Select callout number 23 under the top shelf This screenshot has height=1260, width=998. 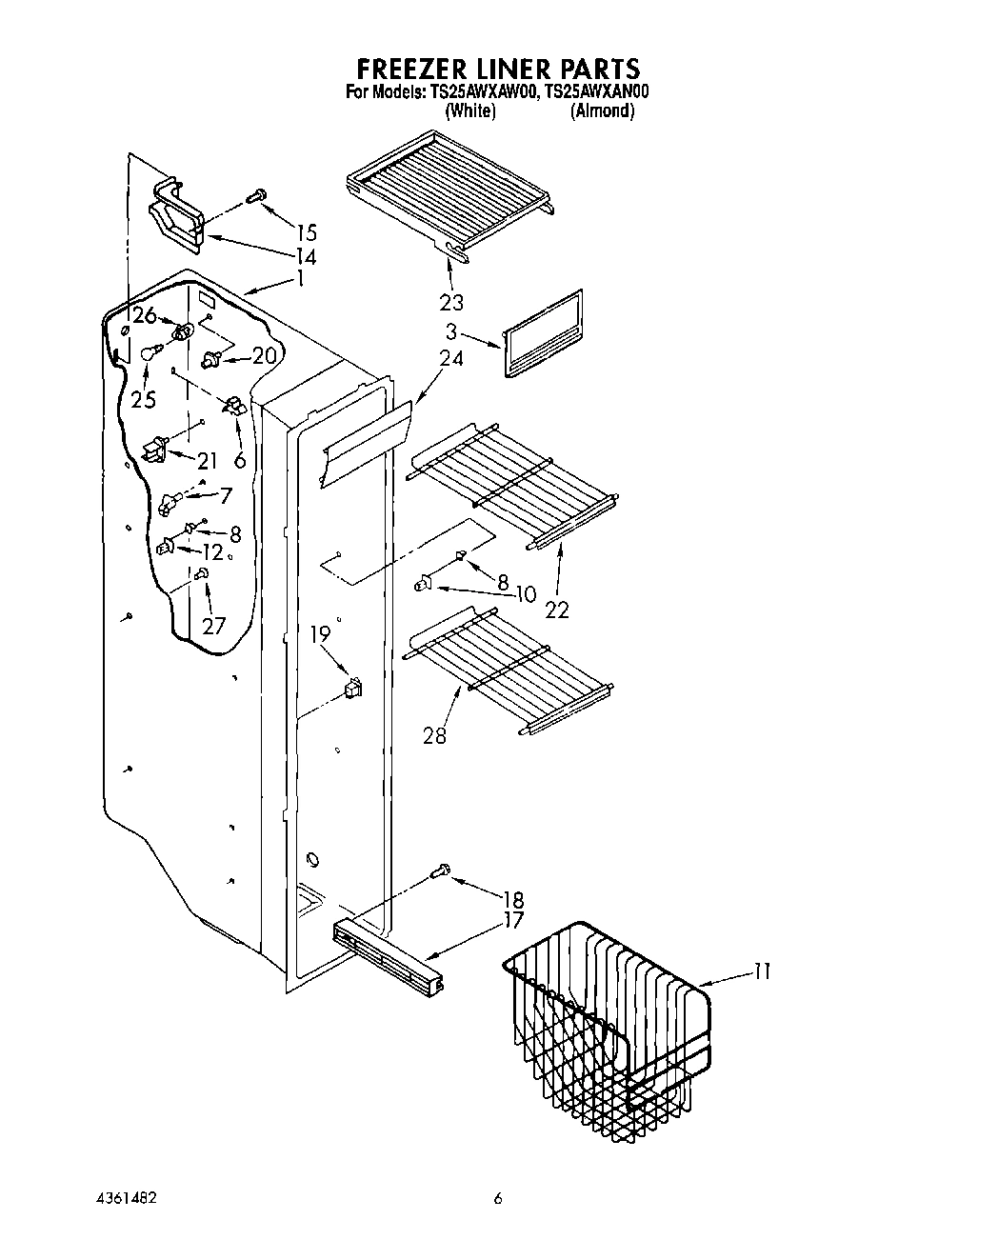point(451,302)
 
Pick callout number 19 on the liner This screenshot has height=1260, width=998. point(321,633)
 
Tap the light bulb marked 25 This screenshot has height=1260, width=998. point(148,354)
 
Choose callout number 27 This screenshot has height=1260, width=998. point(213,626)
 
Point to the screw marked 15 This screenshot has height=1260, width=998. point(255,197)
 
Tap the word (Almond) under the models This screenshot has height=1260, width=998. point(602,111)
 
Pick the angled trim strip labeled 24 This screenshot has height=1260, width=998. point(367,443)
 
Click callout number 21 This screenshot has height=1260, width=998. point(208,461)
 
